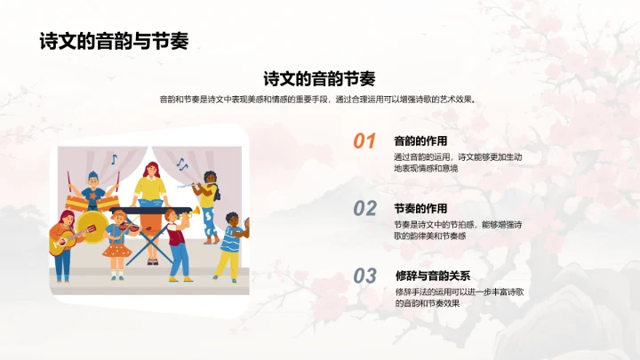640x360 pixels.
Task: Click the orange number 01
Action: pos(364,141)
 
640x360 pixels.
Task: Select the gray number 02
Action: pos(364,209)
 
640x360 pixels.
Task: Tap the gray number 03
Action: pos(364,276)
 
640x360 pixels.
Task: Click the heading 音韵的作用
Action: pos(420,140)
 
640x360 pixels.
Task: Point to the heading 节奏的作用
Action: pos(420,208)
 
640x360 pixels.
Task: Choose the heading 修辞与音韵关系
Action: pos(432,276)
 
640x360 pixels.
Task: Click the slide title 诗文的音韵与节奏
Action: pos(113,42)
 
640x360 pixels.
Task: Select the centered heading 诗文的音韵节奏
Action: pos(319,78)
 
